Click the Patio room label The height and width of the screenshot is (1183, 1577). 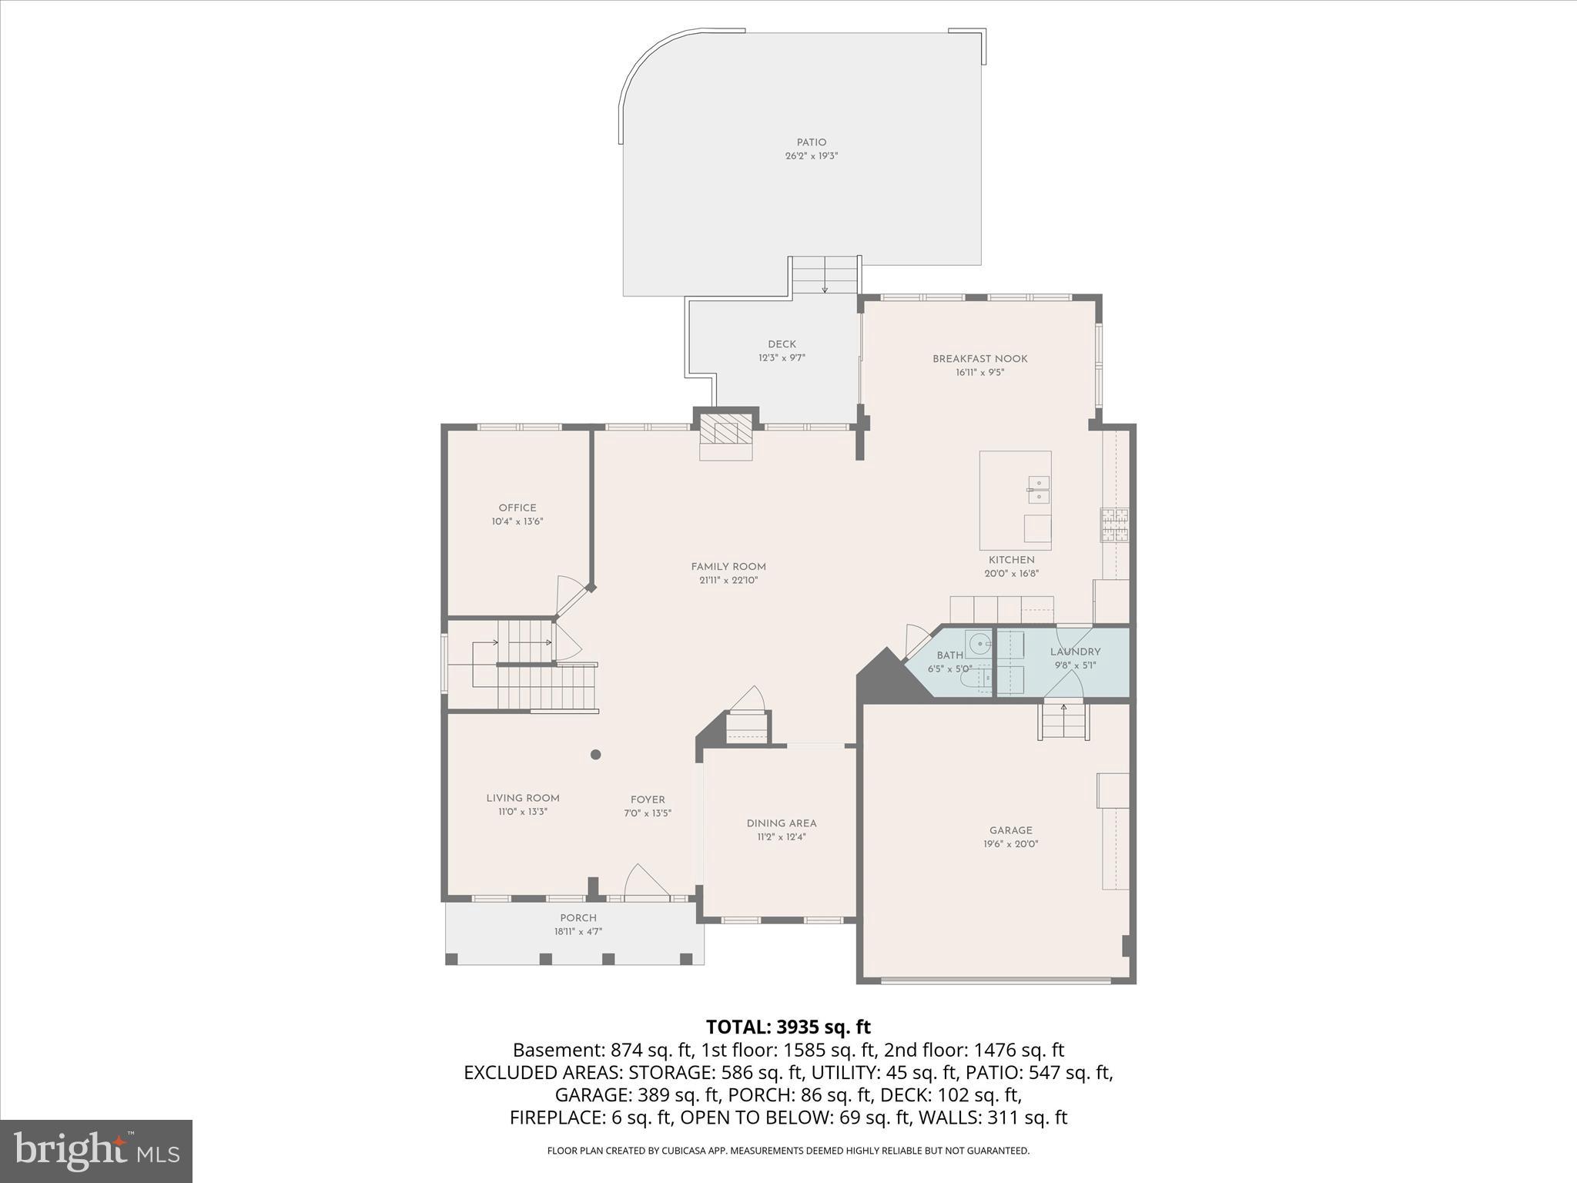click(x=811, y=142)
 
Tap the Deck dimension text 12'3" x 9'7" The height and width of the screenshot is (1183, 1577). click(x=782, y=358)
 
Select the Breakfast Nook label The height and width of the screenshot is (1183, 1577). click(x=979, y=359)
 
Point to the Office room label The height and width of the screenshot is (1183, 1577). click(x=517, y=508)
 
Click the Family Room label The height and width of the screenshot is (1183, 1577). click(x=728, y=567)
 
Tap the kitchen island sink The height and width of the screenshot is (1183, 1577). click(x=1038, y=490)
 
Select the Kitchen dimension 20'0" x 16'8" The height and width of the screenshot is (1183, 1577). click(x=1011, y=574)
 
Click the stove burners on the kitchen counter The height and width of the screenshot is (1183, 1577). click(x=1113, y=526)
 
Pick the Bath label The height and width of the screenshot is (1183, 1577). click(x=949, y=655)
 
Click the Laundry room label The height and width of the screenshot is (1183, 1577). click(x=1075, y=652)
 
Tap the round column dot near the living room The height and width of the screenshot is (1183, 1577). click(x=595, y=755)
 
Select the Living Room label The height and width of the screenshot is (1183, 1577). click(x=522, y=798)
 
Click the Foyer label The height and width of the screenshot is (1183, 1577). click(x=647, y=799)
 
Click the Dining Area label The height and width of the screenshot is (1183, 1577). click(x=781, y=823)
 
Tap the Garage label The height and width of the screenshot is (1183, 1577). click(x=1010, y=830)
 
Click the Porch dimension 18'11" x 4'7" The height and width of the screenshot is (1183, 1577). click(x=578, y=932)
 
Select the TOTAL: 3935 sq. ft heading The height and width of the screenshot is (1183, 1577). click(x=788, y=1027)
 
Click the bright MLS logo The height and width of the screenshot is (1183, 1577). click(x=96, y=1151)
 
